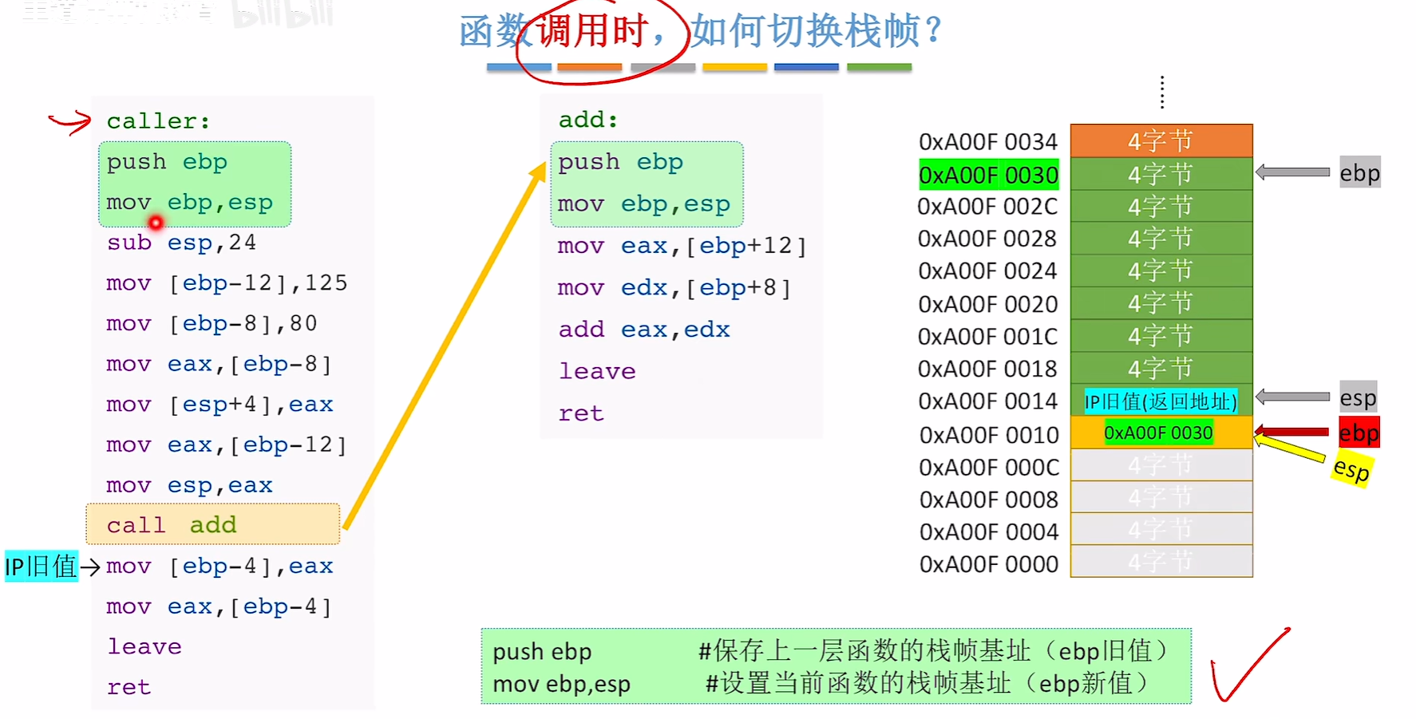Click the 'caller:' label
(158, 121)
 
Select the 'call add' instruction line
(212, 524)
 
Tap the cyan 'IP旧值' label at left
(41, 567)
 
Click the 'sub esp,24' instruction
(181, 243)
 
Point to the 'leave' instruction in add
(596, 371)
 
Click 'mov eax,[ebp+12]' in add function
(681, 246)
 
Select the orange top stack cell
(1161, 141)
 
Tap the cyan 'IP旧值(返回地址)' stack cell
(1161, 401)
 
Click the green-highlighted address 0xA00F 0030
(988, 175)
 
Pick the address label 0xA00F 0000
(988, 564)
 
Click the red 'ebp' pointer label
(1359, 433)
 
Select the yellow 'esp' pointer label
(1351, 469)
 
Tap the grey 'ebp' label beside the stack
(1359, 173)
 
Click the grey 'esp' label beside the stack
(1358, 397)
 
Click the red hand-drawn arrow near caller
(70, 122)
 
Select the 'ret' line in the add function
(580, 413)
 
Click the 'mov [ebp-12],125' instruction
(227, 283)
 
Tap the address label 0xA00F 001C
(987, 337)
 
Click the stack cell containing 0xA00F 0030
(1161, 433)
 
